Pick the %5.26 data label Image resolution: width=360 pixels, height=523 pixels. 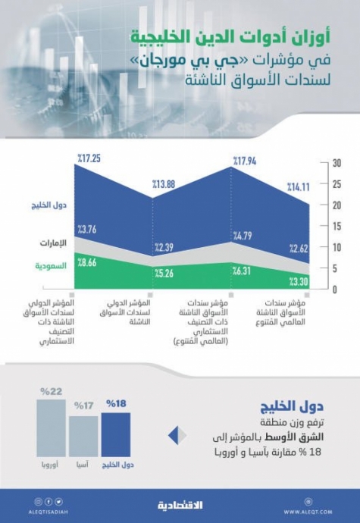click(x=167, y=274)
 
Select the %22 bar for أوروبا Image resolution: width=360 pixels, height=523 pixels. click(x=52, y=428)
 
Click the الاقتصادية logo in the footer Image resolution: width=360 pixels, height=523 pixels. click(x=179, y=503)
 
